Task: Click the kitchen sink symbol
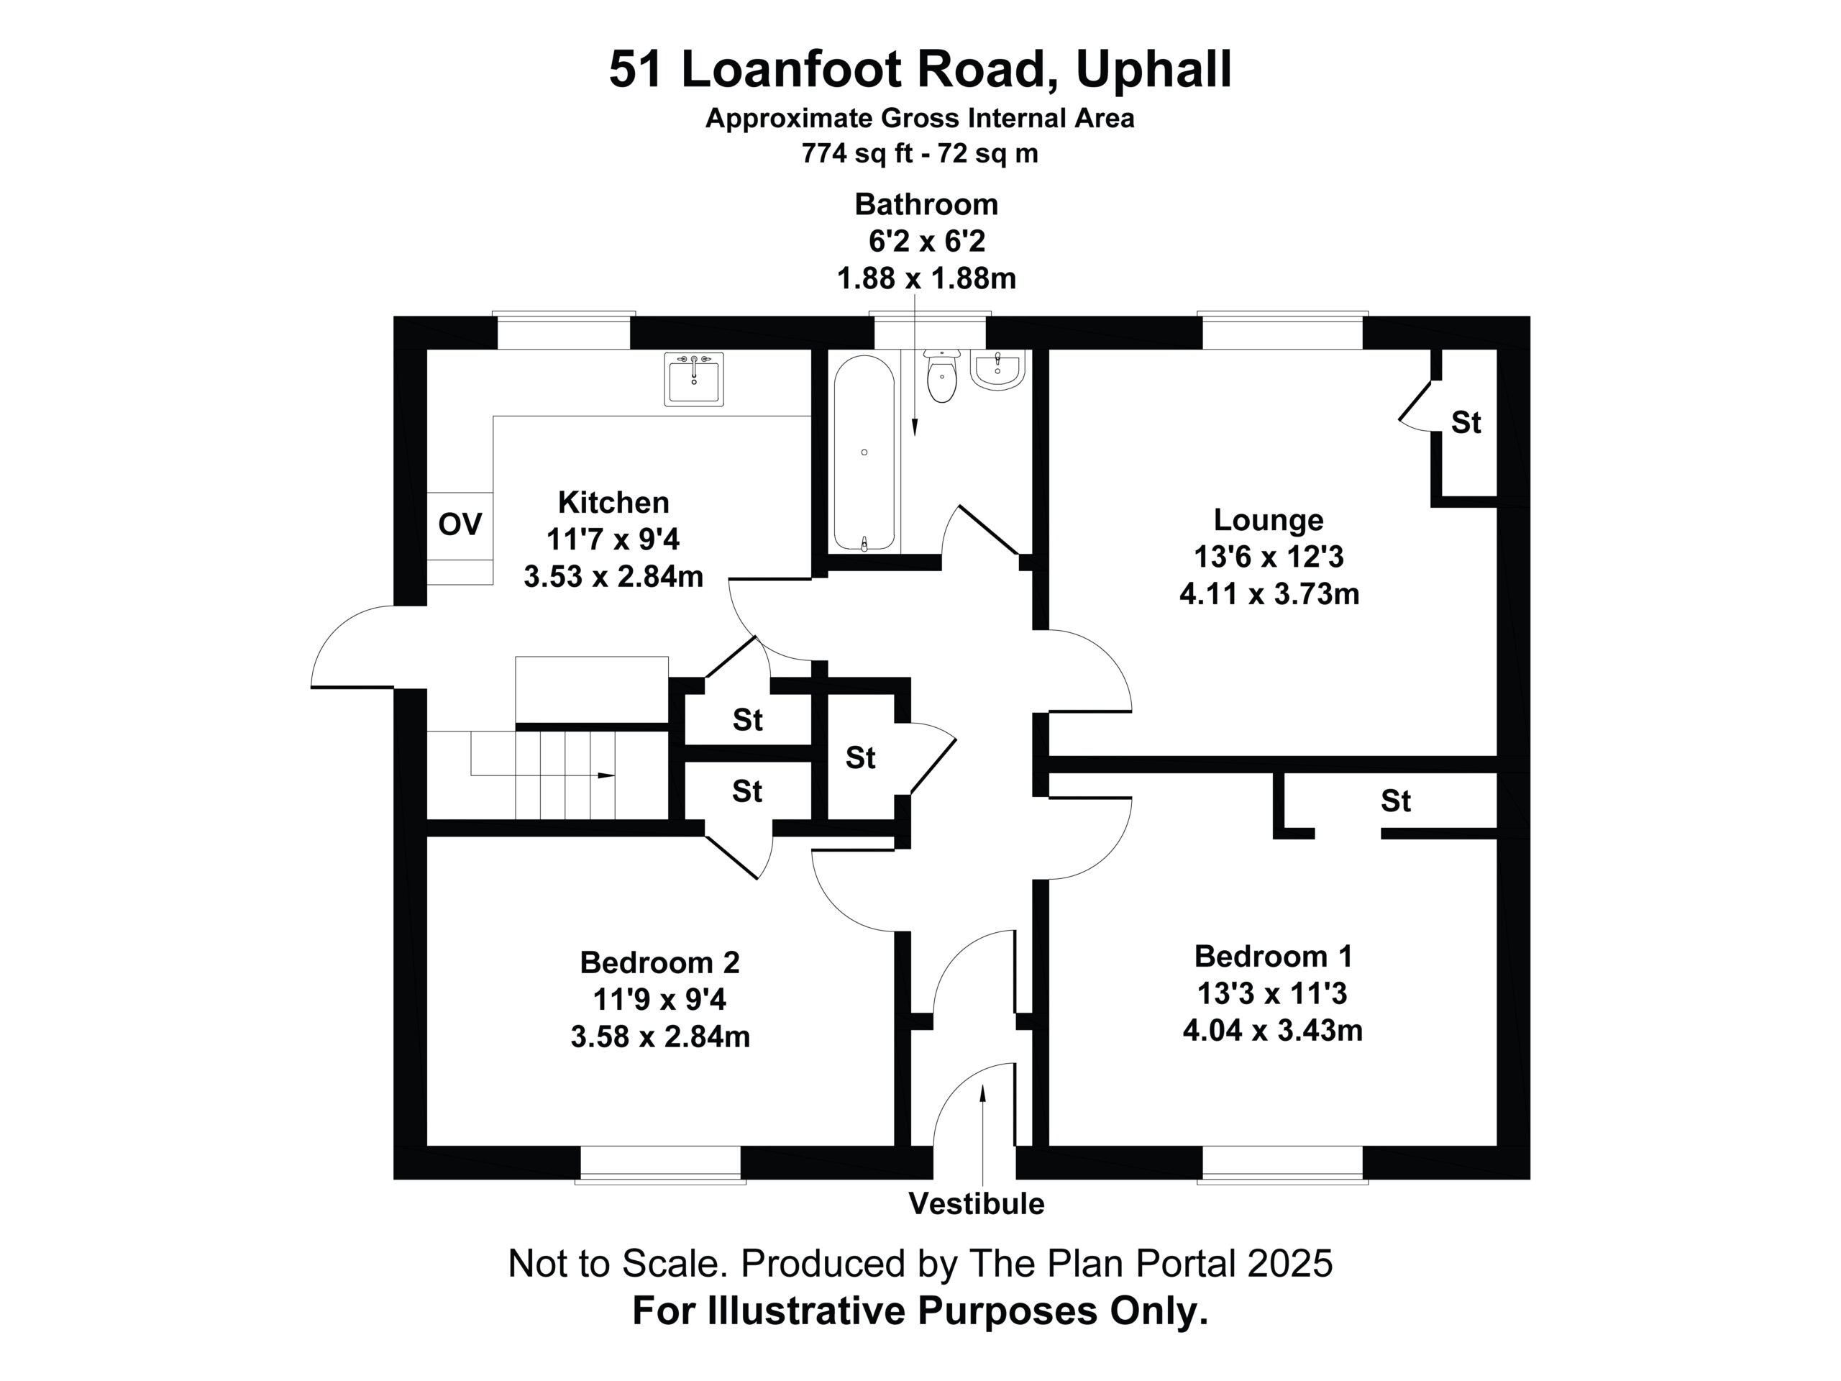693,379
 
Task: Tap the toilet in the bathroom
941,376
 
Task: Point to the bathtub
864,453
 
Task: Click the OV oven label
460,524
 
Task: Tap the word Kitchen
613,502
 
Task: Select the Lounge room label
1269,519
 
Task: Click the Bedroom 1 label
1274,956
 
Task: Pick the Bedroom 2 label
660,962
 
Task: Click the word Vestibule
977,1203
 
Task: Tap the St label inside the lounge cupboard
1466,423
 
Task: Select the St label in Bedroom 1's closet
1396,802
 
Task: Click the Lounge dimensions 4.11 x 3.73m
1269,593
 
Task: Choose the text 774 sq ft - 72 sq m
920,154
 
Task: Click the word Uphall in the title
1154,69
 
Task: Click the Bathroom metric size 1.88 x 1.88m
926,278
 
